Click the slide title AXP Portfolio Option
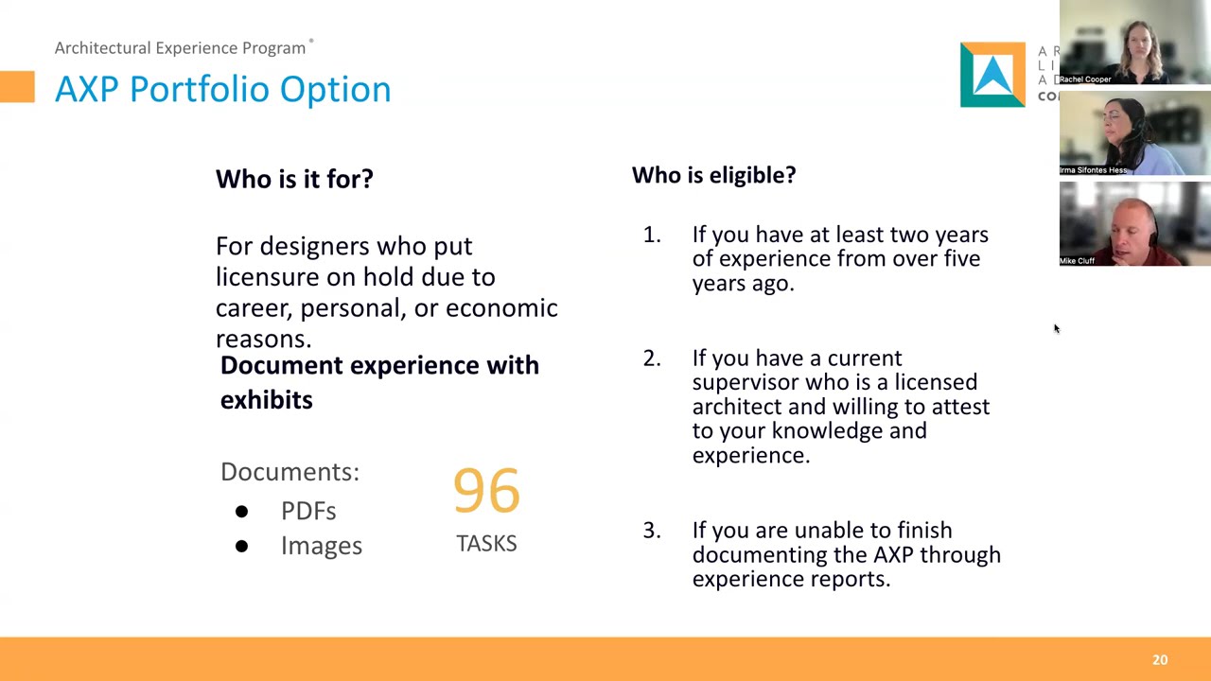pos(222,89)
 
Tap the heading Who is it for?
pos(294,179)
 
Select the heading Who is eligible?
pos(713,175)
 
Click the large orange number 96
pos(486,491)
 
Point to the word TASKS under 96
pos(486,544)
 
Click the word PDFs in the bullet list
pos(308,511)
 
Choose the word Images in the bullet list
pos(321,546)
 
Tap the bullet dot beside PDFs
pos(241,512)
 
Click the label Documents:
pos(290,472)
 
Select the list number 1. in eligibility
pos(652,235)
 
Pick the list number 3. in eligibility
pos(652,531)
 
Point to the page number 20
pos(1160,660)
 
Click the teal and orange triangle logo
pos(992,75)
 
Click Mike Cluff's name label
pos(1078,261)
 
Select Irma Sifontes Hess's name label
pos(1094,170)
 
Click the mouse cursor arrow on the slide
pos(1056,328)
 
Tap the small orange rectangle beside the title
pos(17,87)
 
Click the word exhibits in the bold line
pos(266,400)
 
